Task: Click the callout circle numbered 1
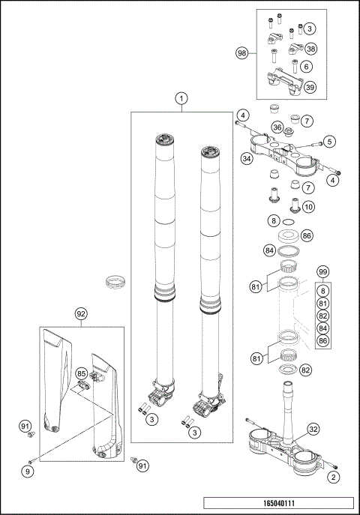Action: pos(180,98)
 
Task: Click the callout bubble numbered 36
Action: pos(277,127)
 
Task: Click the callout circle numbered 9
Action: pos(28,472)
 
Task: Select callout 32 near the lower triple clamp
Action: pos(314,429)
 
